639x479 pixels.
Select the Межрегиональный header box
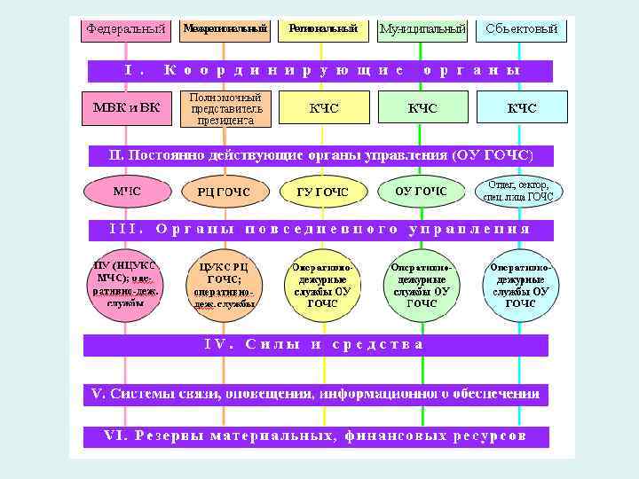click(x=225, y=29)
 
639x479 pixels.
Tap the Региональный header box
click(x=323, y=29)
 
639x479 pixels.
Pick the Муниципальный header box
click(x=422, y=29)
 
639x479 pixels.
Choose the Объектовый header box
click(x=522, y=29)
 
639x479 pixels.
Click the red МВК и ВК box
click(x=126, y=108)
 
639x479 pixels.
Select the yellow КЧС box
click(x=323, y=108)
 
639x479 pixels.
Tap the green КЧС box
click(x=422, y=108)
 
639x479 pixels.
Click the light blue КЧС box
click(x=522, y=108)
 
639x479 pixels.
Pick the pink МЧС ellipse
click(x=126, y=191)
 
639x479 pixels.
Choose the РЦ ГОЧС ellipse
click(x=225, y=192)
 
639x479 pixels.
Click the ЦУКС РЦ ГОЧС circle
click(x=225, y=284)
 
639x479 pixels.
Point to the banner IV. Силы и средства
click(x=315, y=345)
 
